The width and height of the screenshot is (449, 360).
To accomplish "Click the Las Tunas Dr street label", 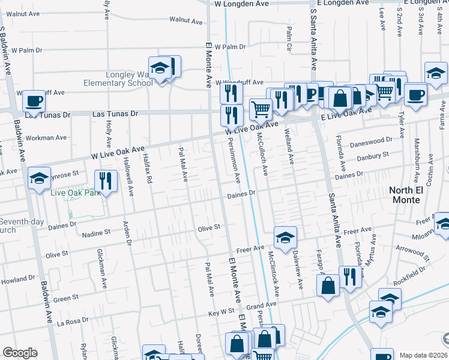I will click(x=116, y=113).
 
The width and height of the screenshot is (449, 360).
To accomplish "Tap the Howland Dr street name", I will click(x=18, y=280).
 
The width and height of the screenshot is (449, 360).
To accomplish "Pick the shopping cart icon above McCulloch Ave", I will click(x=261, y=109).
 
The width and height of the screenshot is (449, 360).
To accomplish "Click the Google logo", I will click(x=20, y=353).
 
